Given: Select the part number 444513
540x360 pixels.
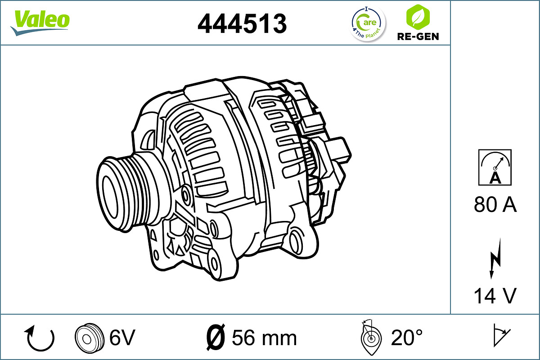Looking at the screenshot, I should coord(242,23).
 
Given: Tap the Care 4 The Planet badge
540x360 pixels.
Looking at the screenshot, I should coord(368,23).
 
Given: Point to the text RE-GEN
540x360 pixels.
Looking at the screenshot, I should coord(418,36).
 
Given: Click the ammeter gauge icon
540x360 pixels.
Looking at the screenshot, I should coord(495,167).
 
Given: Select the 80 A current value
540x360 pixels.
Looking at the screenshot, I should coord(495,205).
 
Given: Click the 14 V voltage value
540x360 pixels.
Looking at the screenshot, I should coord(495,296).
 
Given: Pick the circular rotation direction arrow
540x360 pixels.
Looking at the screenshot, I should coord(40,338).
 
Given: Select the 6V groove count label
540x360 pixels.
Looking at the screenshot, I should coord(122,337).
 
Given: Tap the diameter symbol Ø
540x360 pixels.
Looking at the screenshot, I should coord(216,337).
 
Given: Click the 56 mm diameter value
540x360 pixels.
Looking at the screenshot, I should coord(264,337).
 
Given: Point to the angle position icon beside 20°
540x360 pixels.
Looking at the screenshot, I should coord(370,337).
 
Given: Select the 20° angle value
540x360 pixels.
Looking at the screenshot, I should coord(407,337).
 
